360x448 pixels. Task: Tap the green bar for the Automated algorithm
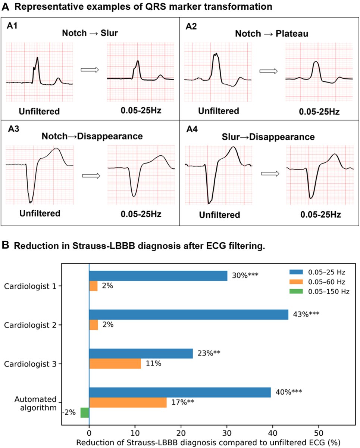[85, 413]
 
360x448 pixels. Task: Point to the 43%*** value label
[306, 314]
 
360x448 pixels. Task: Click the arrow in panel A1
[89, 70]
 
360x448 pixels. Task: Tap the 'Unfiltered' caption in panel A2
[218, 111]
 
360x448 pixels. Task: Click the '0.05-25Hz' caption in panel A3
[141, 214]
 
